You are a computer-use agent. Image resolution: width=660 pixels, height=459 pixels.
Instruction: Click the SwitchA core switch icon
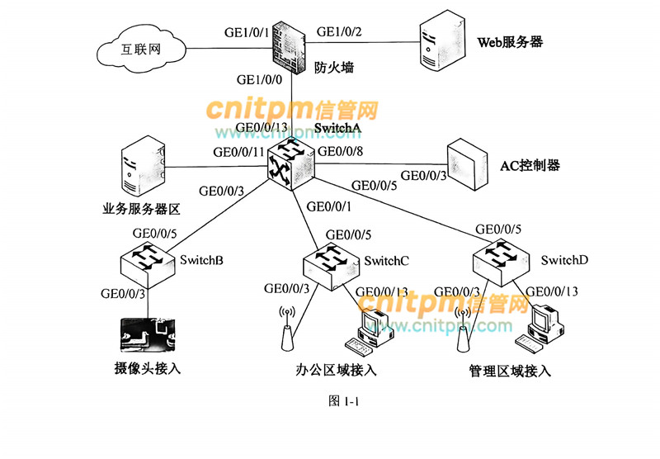click(290, 162)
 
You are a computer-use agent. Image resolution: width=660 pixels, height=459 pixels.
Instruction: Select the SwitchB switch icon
click(148, 260)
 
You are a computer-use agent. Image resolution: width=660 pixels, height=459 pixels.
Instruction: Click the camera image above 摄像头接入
click(149, 335)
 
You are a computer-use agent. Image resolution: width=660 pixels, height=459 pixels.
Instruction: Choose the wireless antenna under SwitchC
click(288, 330)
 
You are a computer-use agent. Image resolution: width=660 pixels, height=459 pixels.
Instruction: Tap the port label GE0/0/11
click(238, 152)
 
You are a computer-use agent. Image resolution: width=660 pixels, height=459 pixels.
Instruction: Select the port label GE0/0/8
click(341, 151)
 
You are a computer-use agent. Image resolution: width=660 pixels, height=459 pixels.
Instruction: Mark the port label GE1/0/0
click(259, 81)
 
